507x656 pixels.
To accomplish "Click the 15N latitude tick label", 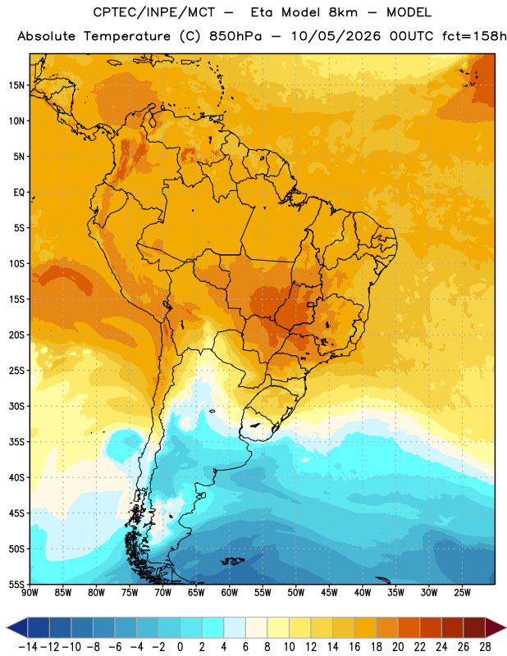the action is click(16, 85).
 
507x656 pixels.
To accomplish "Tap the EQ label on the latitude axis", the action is click(19, 193).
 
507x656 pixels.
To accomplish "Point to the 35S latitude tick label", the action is click(16, 442).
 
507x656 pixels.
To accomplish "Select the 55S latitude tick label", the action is click(16, 585).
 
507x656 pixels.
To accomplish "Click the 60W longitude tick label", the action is click(230, 593).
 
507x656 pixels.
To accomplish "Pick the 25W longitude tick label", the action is click(462, 593).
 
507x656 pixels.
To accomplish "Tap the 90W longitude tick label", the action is click(30, 593).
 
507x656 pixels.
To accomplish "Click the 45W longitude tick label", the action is click(329, 593).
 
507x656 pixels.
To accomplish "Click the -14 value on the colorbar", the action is click(28, 647).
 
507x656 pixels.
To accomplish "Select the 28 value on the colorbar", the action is click(485, 647).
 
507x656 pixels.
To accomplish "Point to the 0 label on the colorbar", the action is click(180, 647).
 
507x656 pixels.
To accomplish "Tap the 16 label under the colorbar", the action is click(354, 647).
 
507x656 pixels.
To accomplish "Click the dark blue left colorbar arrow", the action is click(17, 627).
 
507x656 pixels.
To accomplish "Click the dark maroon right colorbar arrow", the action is click(496, 627).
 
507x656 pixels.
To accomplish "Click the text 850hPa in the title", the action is click(235, 36).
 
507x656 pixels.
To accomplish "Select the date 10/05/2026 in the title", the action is click(336, 36).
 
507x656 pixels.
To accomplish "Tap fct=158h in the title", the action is click(474, 36).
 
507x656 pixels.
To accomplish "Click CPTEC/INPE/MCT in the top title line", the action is click(154, 12).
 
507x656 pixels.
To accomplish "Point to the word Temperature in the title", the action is click(127, 36).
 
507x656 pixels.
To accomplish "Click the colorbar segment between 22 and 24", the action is click(431, 627).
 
